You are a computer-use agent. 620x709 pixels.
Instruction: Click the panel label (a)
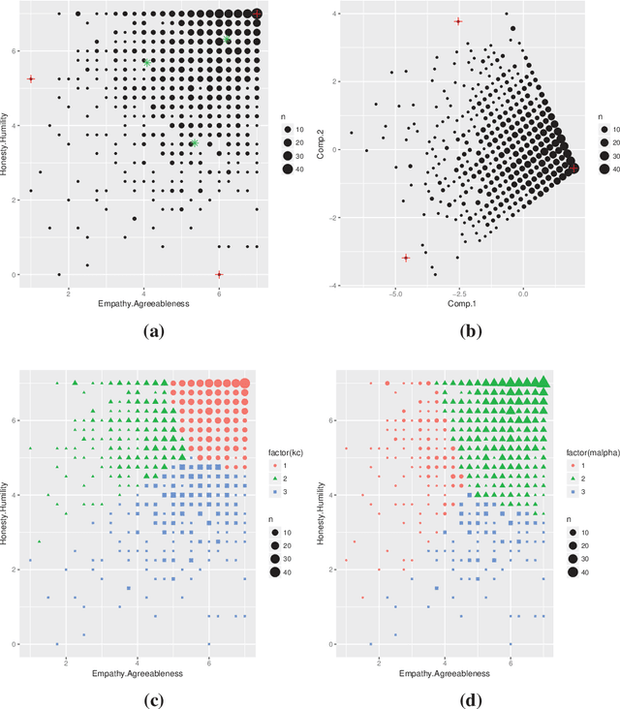[152, 330]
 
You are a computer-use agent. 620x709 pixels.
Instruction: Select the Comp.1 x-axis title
[459, 304]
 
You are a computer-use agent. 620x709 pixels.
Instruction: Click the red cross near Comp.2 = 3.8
[459, 21]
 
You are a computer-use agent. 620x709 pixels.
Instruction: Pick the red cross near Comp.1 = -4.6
[406, 258]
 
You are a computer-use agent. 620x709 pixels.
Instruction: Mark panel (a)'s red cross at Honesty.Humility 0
[219, 275]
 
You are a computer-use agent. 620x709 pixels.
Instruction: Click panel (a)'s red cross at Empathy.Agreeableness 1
[31, 79]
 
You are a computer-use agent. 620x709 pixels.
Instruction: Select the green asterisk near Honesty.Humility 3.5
[195, 143]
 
